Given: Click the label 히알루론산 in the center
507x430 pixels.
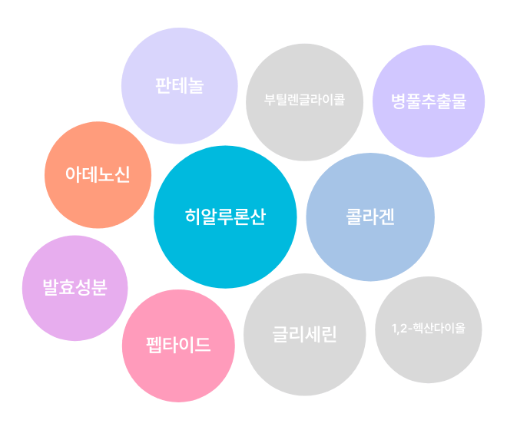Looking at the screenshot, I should [x=225, y=217].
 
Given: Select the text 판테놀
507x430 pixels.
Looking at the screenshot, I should [x=179, y=85].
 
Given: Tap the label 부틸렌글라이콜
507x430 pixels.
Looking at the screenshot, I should [x=304, y=101].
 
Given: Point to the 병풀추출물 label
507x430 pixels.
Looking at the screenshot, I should [x=428, y=101].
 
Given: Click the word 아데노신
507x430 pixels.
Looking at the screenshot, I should [x=98, y=174].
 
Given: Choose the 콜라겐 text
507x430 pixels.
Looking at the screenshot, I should [x=369, y=217].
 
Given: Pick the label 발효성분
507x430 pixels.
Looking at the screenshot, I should [x=75, y=288].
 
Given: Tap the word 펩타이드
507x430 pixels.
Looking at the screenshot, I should [x=178, y=345].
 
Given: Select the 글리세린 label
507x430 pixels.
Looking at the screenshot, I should [x=304, y=335].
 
